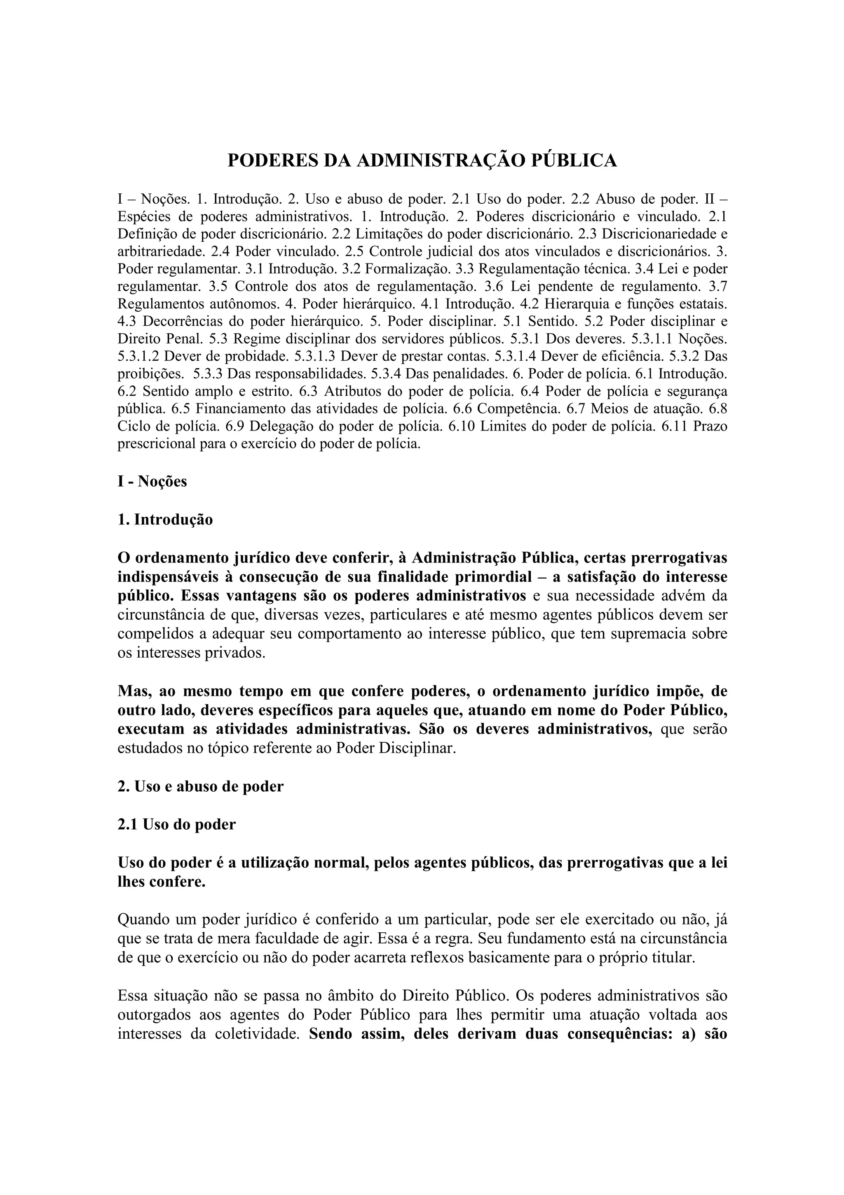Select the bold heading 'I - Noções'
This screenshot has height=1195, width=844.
(152, 482)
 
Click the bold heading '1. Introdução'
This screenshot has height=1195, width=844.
(165, 520)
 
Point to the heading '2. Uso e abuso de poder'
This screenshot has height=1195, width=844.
(201, 786)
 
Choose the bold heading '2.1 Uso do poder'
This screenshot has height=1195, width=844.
(177, 824)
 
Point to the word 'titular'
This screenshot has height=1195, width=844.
(675, 957)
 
